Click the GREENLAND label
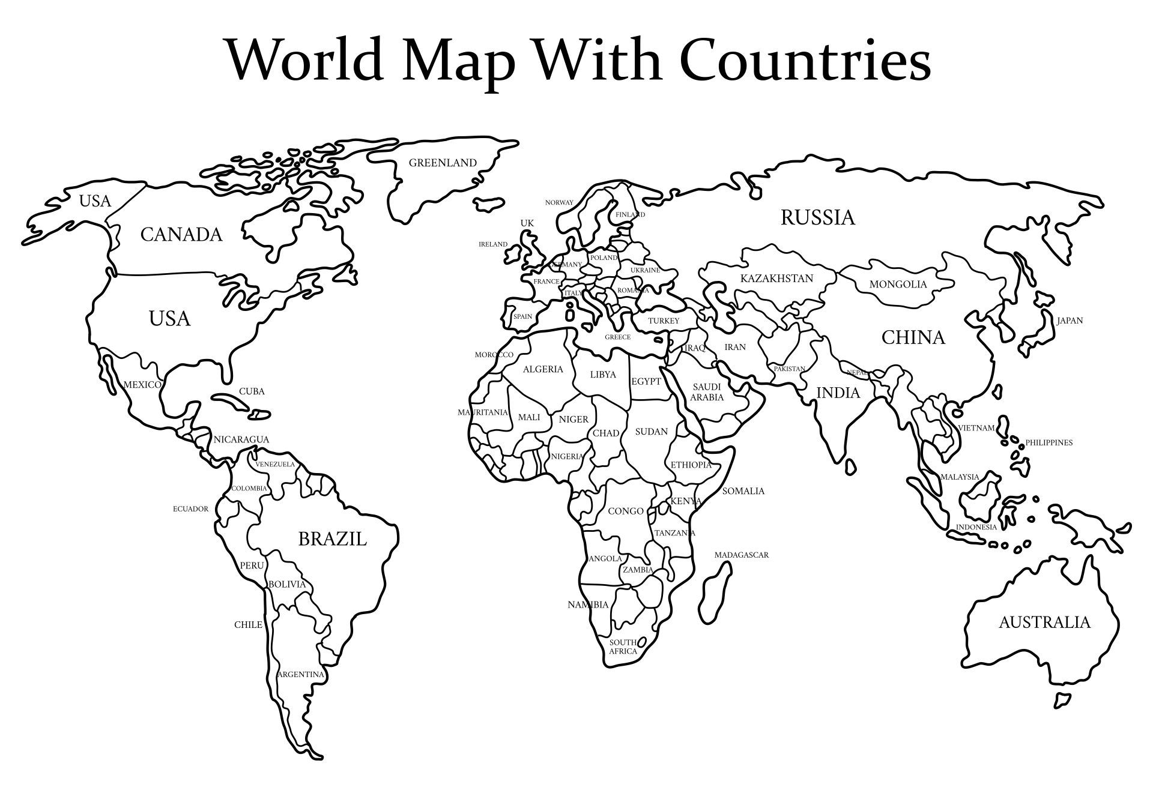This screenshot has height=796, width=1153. click(443, 163)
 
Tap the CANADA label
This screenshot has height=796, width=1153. click(181, 234)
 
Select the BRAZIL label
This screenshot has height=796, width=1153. click(332, 539)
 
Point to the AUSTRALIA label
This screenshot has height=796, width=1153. click(1044, 622)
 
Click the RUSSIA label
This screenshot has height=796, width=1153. click(817, 217)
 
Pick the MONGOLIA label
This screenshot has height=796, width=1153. click(898, 285)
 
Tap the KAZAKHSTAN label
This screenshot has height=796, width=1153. click(776, 279)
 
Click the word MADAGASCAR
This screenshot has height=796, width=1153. click(741, 555)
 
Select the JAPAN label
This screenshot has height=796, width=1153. click(1070, 321)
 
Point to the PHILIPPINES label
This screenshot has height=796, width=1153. click(1049, 443)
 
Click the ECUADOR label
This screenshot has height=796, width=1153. click(190, 509)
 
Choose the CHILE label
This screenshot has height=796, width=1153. click(248, 625)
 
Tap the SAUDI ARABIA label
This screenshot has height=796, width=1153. click(707, 392)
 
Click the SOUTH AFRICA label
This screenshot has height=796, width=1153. click(623, 647)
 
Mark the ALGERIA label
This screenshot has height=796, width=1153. click(543, 369)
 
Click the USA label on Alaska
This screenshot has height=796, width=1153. click(95, 201)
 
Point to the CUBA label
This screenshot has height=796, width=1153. click(252, 391)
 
